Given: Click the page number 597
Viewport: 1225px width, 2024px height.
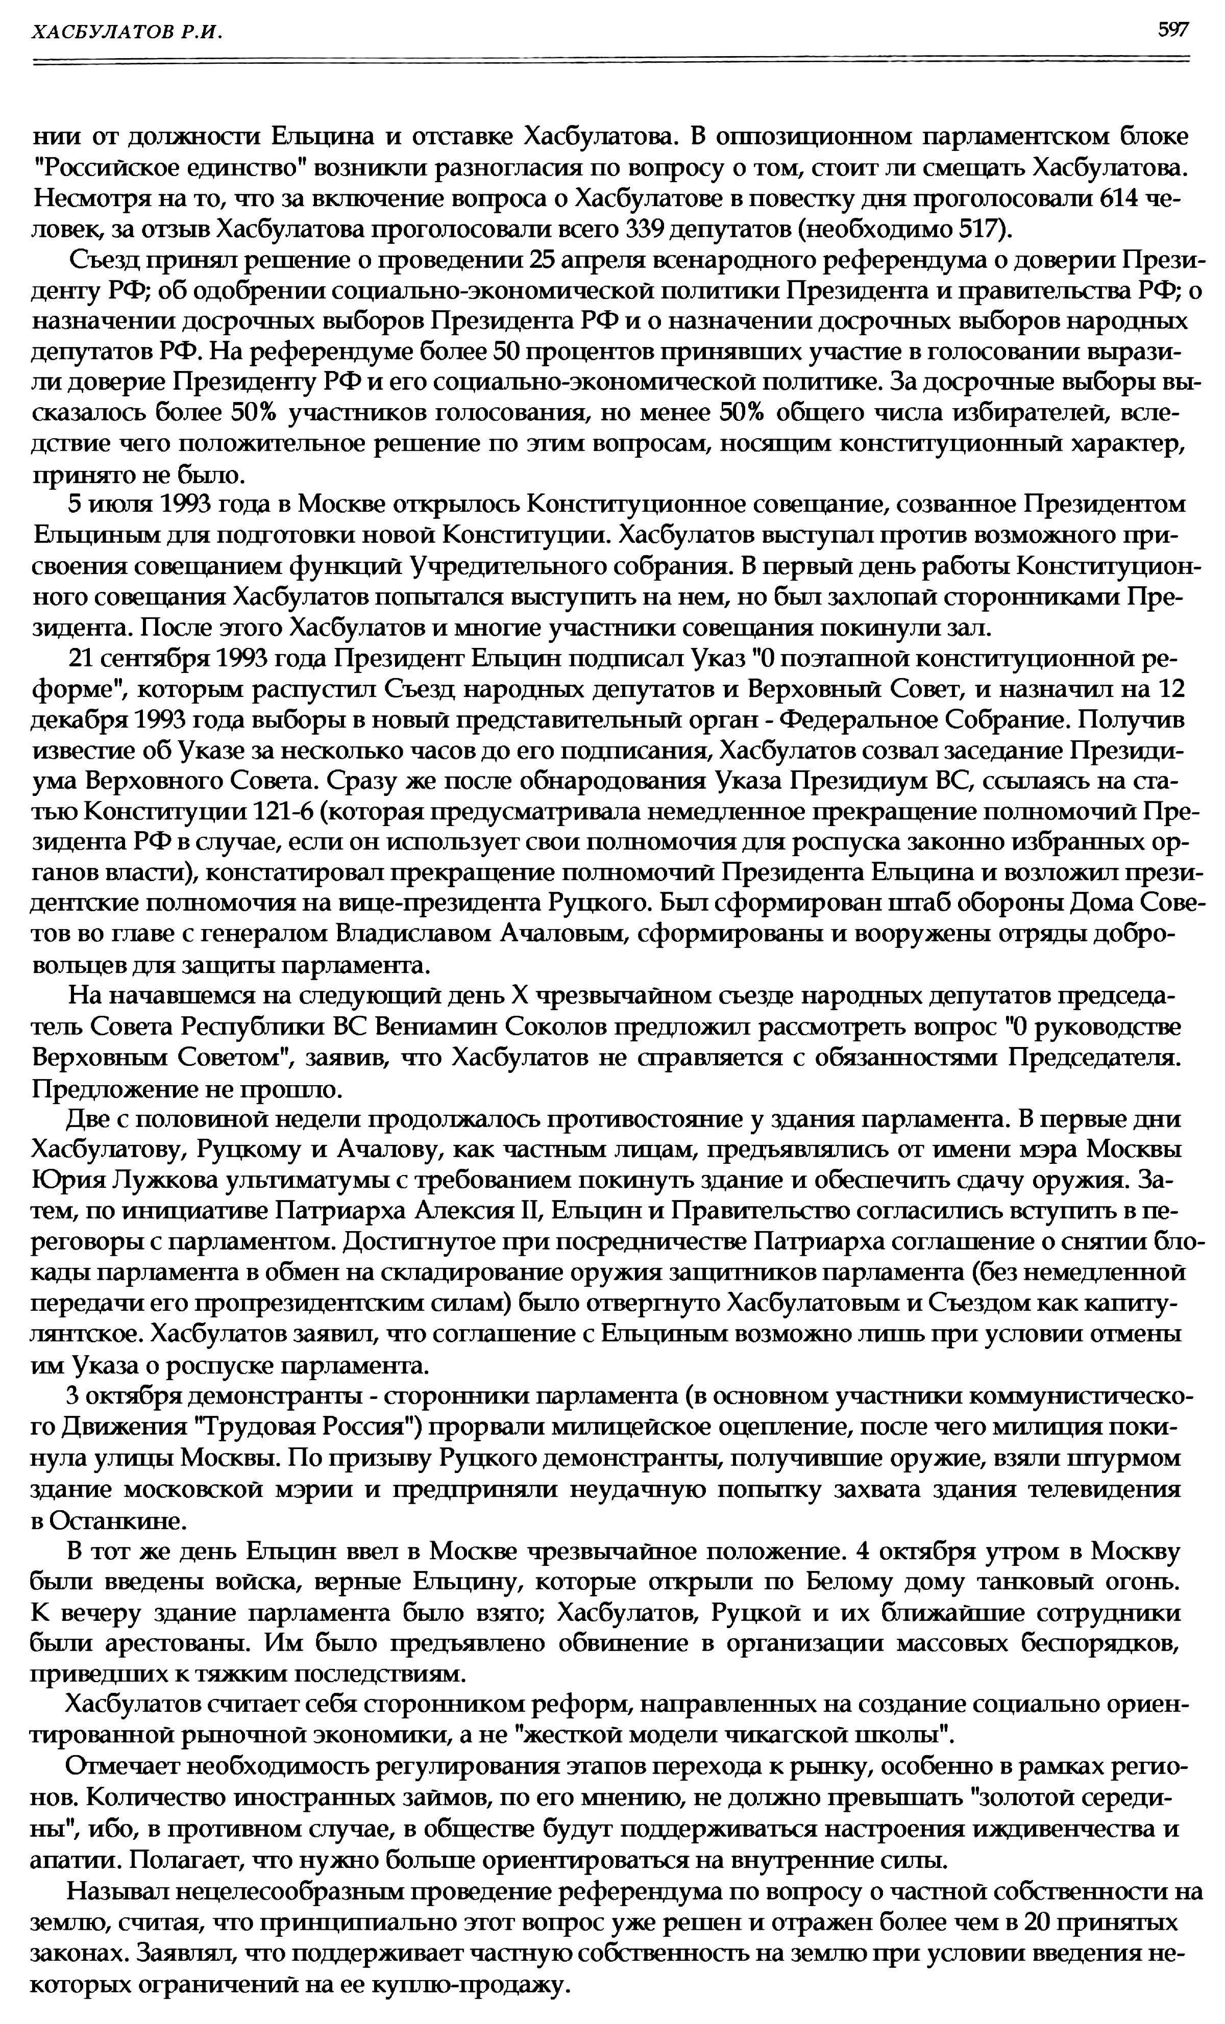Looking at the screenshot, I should [1172, 31].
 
